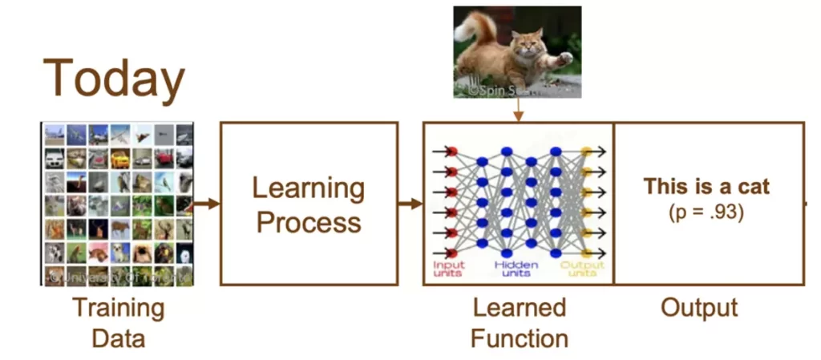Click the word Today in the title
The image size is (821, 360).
114,78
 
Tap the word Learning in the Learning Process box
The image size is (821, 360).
309,188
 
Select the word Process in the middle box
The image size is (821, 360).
309,222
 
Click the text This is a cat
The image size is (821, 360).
706,187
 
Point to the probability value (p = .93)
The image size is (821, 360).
706,213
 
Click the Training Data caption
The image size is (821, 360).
118,322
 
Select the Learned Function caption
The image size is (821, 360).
519,322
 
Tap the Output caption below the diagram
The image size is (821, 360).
699,308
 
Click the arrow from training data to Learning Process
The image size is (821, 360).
205,204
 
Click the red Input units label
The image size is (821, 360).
449,269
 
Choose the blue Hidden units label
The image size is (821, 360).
516,269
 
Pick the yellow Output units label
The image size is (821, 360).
582,269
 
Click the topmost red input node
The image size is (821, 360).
451,151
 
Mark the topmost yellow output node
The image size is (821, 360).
586,151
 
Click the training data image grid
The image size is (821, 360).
118,204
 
